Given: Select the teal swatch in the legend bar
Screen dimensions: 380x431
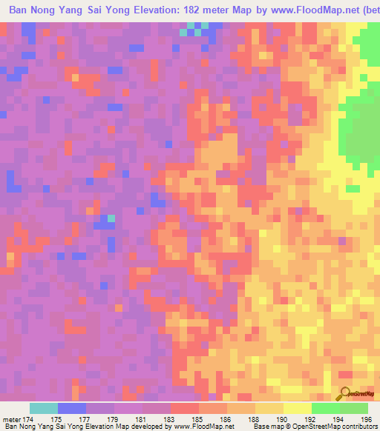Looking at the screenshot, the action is (x=43, y=408).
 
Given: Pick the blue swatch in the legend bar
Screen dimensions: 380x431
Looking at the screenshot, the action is (x=71, y=408).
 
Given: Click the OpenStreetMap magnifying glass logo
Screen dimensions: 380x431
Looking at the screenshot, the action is (x=345, y=393).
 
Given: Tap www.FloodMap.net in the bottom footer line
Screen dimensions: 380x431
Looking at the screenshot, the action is (x=200, y=426).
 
